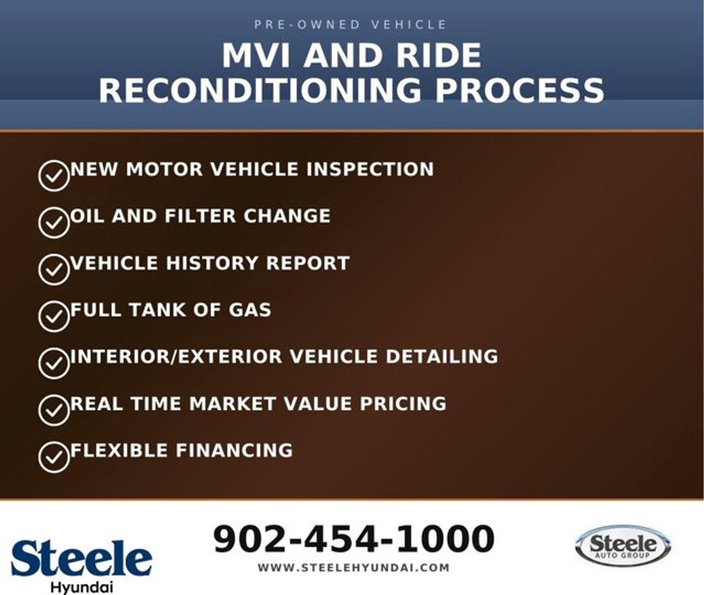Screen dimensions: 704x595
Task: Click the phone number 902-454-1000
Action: (354, 539)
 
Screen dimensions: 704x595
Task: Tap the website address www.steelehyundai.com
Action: (354, 568)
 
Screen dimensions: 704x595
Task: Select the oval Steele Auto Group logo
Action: (623, 545)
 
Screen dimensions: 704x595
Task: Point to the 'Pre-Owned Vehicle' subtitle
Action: (350, 24)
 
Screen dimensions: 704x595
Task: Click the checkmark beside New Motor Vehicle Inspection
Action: (54, 175)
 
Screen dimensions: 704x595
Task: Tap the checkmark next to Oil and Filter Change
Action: (54, 223)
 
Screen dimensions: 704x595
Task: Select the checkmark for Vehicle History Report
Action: (54, 270)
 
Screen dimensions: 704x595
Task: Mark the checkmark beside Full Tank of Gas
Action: (54, 316)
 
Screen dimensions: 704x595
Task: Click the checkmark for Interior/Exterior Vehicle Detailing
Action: (54, 363)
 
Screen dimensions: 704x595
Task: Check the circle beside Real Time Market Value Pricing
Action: (54, 410)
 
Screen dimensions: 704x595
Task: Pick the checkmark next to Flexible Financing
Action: (54, 457)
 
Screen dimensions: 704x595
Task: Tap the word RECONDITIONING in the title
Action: (260, 90)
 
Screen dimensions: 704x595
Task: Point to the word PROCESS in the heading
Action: (520, 90)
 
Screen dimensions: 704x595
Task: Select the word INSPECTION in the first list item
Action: (370, 169)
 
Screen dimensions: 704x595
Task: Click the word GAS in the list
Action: (250, 310)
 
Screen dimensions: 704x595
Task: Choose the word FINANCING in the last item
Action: (234, 451)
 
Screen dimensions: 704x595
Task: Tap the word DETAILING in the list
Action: (442, 356)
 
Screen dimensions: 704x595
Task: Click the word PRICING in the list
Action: (403, 403)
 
